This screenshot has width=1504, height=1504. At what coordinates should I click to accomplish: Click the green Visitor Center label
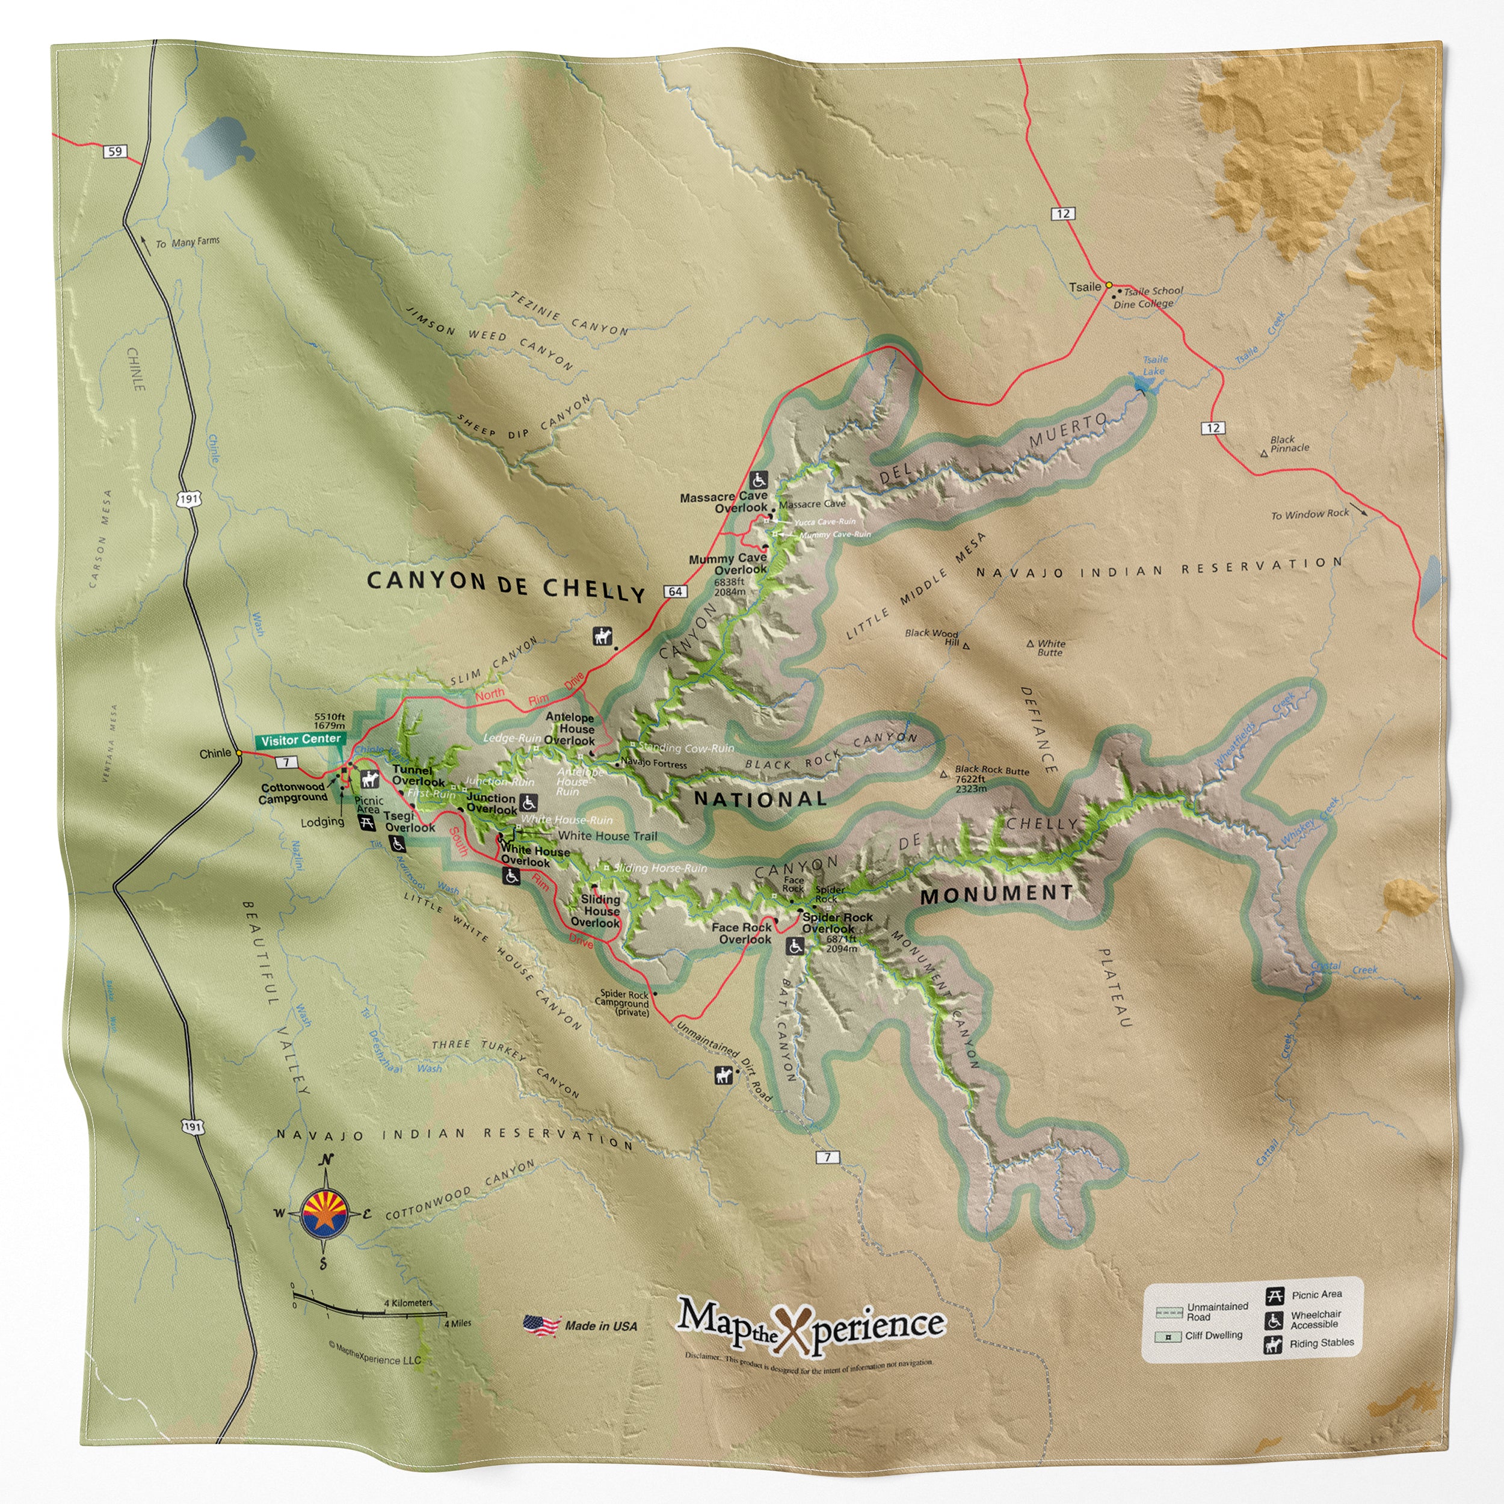(300, 739)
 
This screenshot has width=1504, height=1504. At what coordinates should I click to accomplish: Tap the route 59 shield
(116, 151)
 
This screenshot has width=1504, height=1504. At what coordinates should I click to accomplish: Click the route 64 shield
(675, 591)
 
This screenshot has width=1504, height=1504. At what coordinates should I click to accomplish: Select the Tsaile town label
(1085, 287)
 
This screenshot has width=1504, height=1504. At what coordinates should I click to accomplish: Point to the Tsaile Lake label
(1154, 365)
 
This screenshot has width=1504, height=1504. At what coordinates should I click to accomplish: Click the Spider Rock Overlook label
(836, 922)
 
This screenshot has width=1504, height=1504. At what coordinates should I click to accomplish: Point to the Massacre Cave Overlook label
(724, 502)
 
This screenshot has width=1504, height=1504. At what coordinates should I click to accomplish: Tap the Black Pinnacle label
(1289, 444)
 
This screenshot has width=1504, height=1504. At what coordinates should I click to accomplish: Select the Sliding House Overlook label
(599, 911)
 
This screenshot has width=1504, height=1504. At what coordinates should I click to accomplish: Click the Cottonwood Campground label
(293, 792)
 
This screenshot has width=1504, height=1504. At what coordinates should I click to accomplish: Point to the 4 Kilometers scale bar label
(408, 1302)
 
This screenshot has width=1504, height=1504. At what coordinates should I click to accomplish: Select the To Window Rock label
(1310, 514)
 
